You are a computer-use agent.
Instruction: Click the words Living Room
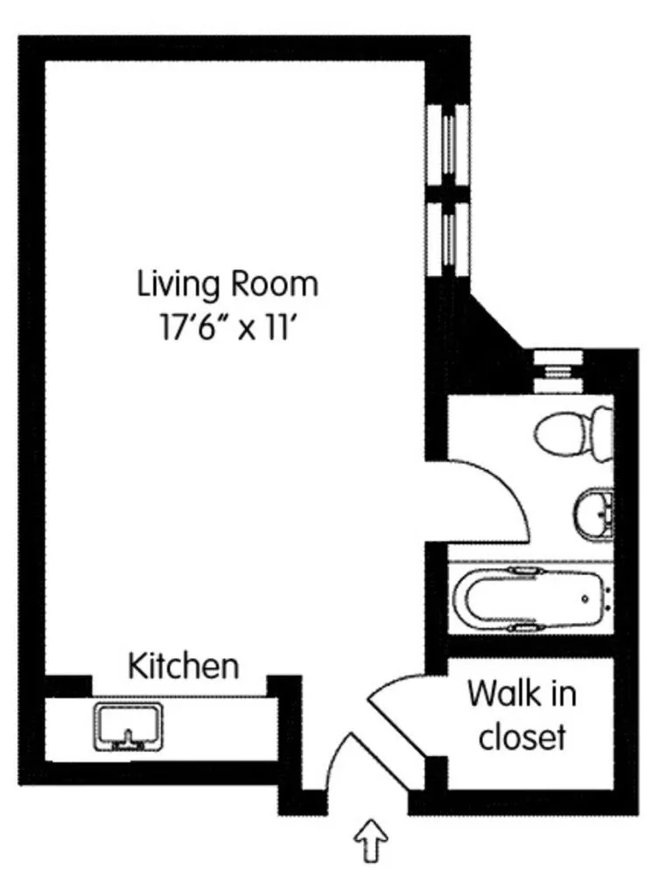[x=227, y=284]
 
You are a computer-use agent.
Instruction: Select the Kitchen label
[x=184, y=666]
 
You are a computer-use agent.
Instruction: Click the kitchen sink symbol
[x=128, y=727]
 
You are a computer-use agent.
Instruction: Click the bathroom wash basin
[x=594, y=512]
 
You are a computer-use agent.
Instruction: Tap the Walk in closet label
[x=521, y=716]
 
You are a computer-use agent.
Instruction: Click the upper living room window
[x=449, y=143]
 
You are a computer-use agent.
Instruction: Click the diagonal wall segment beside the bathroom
[x=495, y=328]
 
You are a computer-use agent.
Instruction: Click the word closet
[x=521, y=737]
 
